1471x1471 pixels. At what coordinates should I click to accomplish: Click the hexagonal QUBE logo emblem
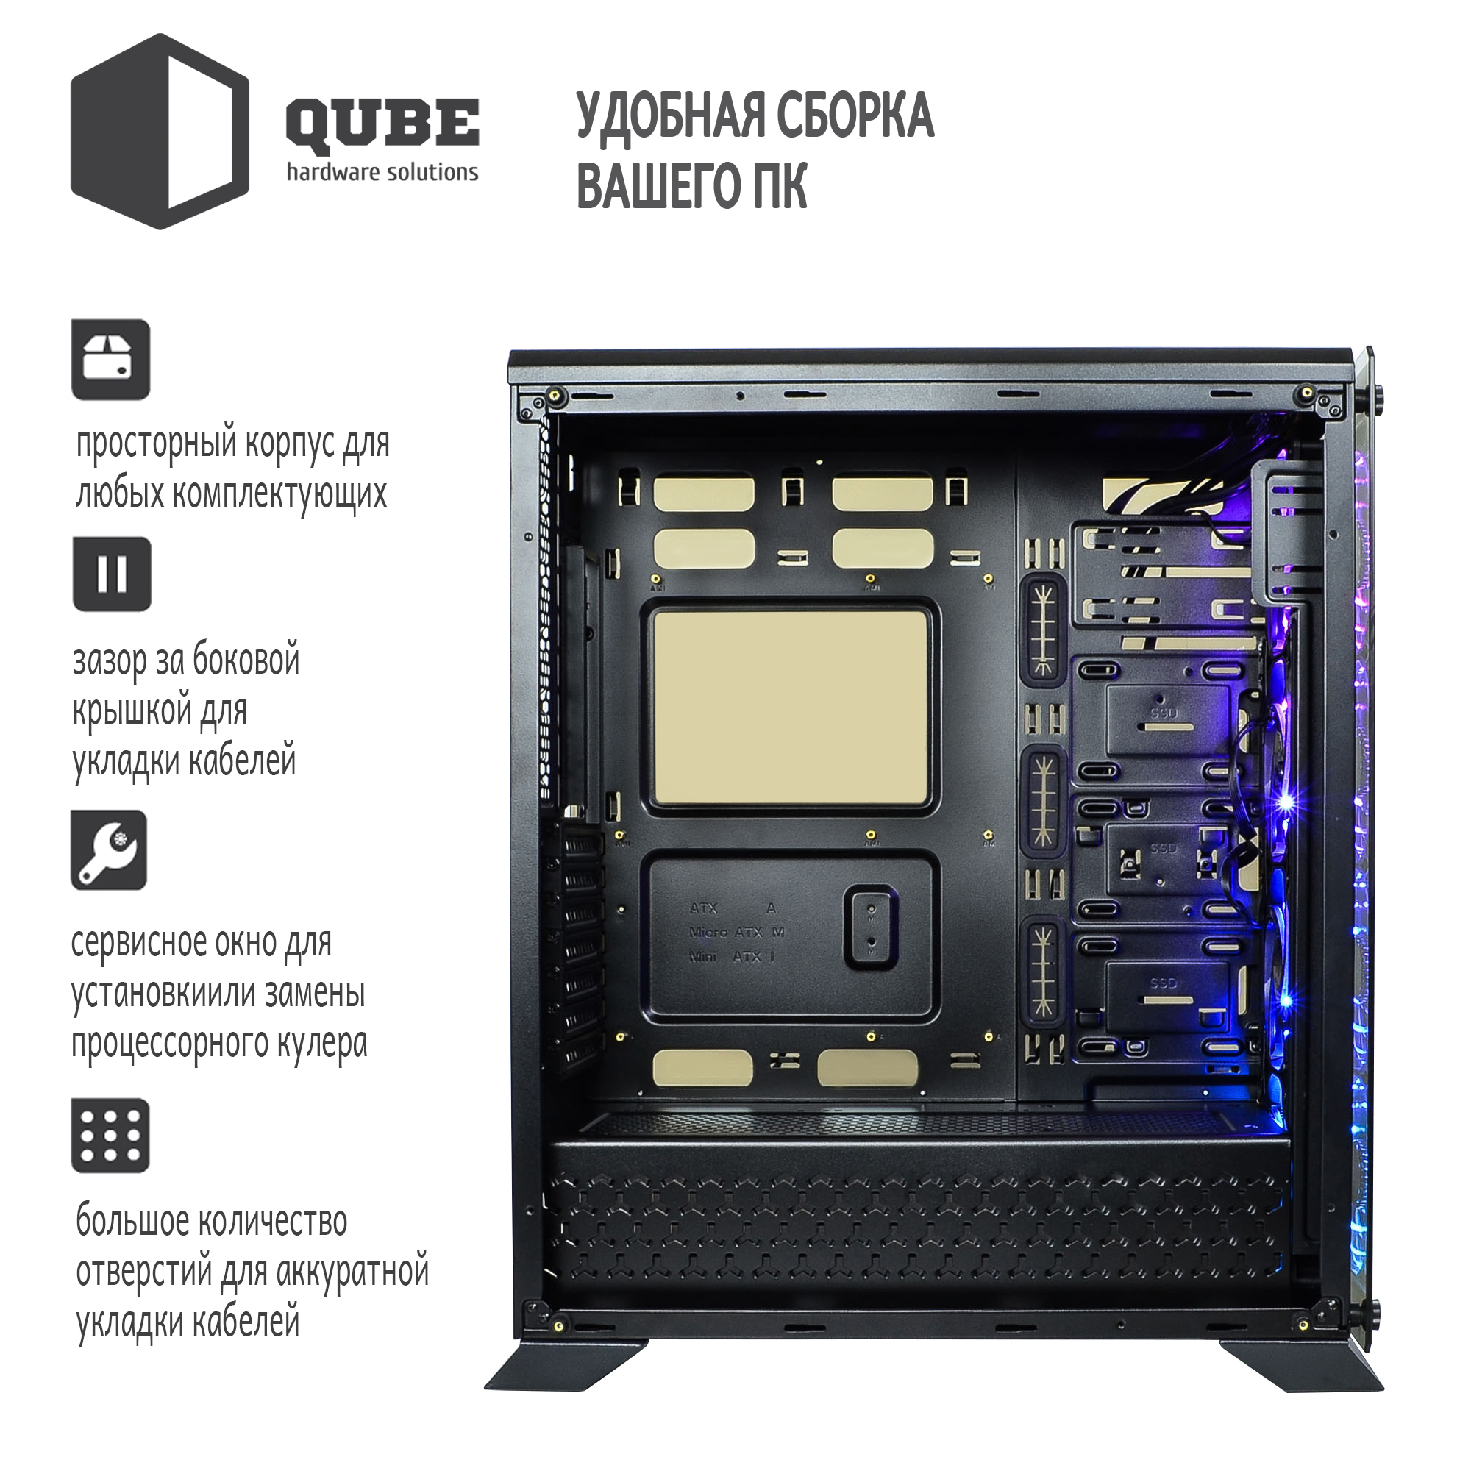pos(160,131)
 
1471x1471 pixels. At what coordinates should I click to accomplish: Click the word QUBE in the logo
pos(382,124)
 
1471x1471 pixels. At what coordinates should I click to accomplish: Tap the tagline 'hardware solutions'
pos(382,172)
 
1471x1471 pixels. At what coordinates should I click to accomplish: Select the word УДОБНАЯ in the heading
pos(670,115)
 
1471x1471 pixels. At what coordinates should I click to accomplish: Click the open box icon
pos(110,360)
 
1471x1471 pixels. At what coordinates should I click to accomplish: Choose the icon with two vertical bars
pos(112,574)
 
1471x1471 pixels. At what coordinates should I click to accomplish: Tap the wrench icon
pos(109,850)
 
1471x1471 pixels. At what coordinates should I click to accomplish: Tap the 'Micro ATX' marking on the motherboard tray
pos(726,932)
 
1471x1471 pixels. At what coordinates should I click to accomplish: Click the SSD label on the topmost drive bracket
pos(1164,713)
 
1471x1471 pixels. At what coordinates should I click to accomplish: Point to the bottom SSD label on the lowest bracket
pos(1164,983)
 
